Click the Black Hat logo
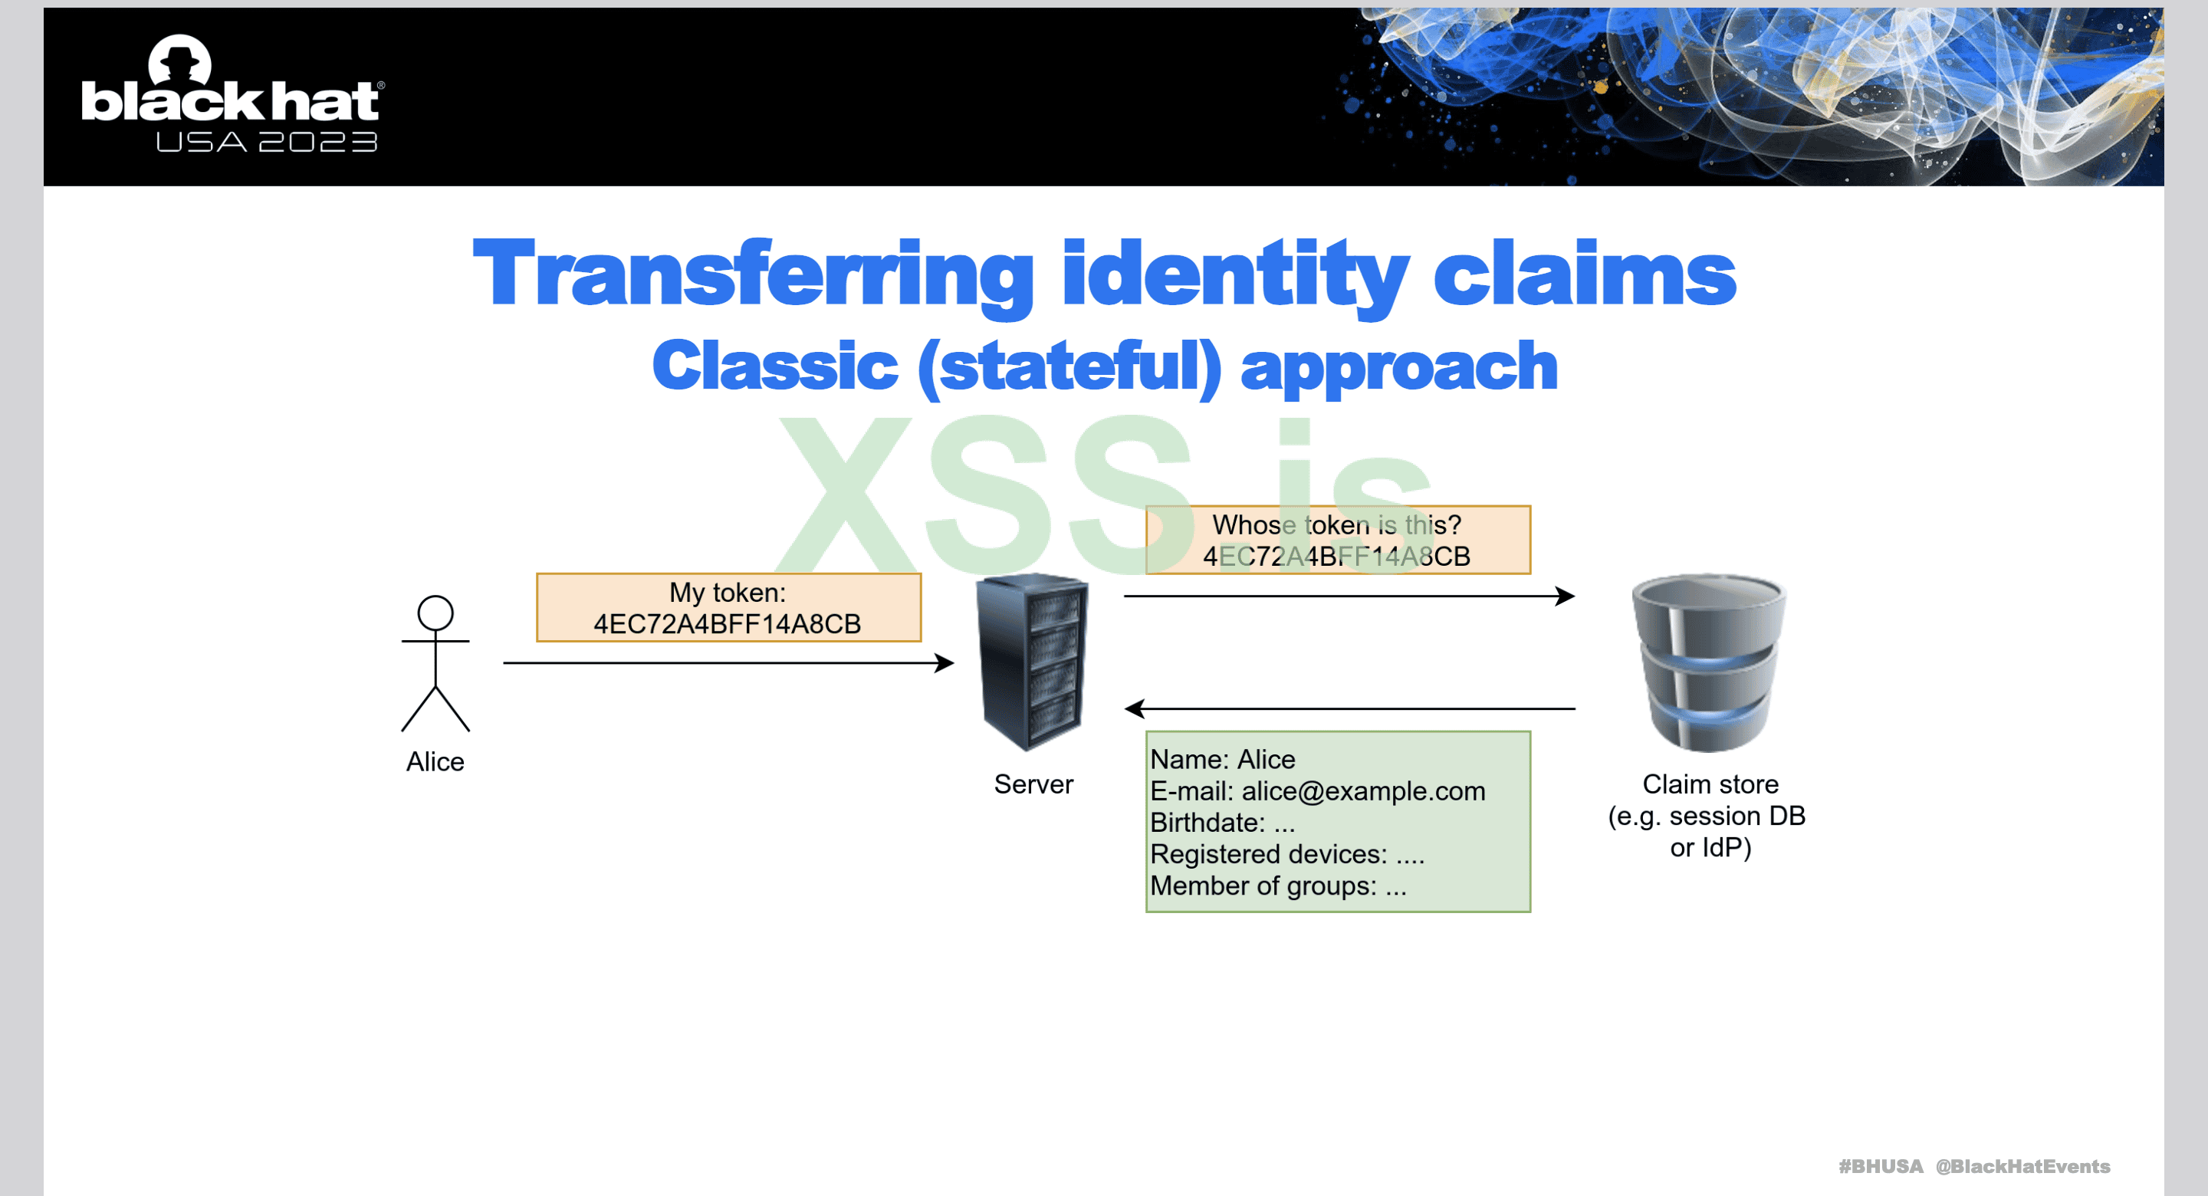click(x=232, y=93)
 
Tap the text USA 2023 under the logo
click(x=267, y=143)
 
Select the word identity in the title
click(x=1235, y=274)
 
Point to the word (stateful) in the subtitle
click(x=1069, y=366)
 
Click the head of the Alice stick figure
click(x=435, y=613)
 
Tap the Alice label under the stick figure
click(x=435, y=761)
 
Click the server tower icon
click(x=1032, y=662)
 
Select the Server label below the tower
click(x=1033, y=784)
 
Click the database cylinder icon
click(x=1708, y=662)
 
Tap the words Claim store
click(x=1710, y=784)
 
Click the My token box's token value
click(x=728, y=623)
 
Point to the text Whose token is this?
click(x=1336, y=524)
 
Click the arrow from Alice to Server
click(x=728, y=662)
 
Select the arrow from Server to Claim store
click(x=1349, y=596)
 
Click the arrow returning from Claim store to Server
click(x=1349, y=709)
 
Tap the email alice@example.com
click(x=1363, y=790)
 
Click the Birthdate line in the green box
click(x=1222, y=822)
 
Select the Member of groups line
click(x=1278, y=885)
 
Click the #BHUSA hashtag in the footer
click(x=1881, y=1166)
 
